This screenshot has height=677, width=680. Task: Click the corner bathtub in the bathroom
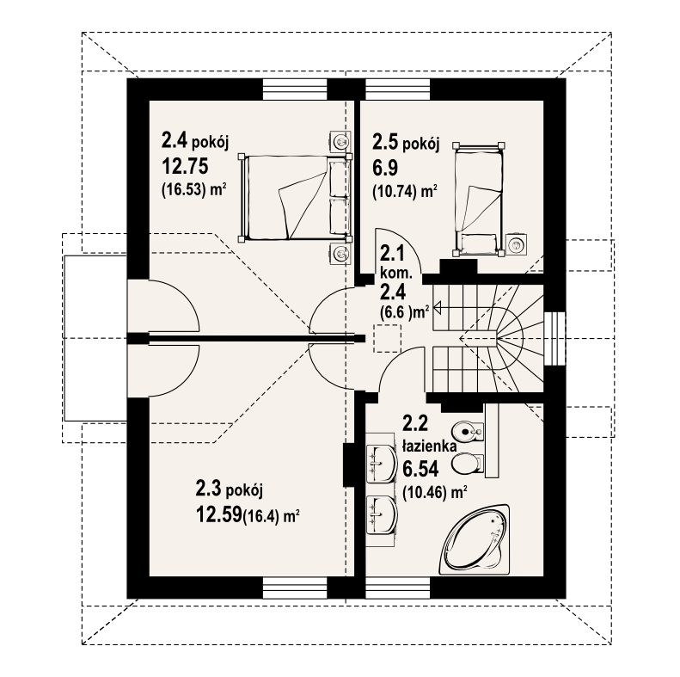475,539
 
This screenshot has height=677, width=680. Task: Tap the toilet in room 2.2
468,463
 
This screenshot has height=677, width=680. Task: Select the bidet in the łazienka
467,431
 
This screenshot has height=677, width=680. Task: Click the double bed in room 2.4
295,198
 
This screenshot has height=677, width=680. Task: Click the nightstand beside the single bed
517,245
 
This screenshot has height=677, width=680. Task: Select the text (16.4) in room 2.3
260,517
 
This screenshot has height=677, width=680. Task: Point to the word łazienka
429,446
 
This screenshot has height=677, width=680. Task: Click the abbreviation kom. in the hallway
396,273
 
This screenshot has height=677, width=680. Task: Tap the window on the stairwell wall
555,339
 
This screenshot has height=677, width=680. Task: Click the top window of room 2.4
295,89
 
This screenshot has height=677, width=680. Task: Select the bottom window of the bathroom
398,588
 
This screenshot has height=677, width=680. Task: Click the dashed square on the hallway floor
388,337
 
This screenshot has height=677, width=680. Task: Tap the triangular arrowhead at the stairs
437,308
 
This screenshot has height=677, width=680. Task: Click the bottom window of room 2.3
295,588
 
